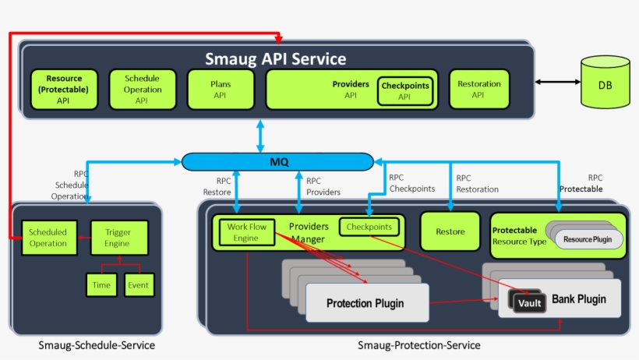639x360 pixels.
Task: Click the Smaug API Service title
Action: (x=275, y=59)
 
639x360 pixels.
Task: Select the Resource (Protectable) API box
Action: (x=63, y=89)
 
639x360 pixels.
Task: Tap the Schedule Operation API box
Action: (x=141, y=89)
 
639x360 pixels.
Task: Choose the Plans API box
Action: (x=220, y=89)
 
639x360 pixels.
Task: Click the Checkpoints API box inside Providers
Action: (x=404, y=90)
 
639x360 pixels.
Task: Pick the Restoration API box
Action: (x=478, y=89)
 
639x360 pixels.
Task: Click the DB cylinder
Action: (x=605, y=85)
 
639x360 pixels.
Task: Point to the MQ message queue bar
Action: (x=278, y=161)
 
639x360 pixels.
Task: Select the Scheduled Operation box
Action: (x=48, y=238)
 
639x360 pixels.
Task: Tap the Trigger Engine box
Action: (x=118, y=238)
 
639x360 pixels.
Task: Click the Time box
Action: (x=101, y=285)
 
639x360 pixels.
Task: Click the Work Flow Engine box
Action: (x=246, y=232)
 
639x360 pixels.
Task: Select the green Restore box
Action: (x=450, y=231)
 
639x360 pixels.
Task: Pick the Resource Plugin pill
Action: (x=588, y=238)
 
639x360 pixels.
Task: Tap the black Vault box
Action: (x=528, y=302)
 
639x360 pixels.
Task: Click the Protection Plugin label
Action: (x=365, y=303)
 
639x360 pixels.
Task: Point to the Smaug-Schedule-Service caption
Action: (x=96, y=345)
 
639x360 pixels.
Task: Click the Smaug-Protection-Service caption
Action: (x=418, y=345)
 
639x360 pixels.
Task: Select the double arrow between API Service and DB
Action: (x=557, y=81)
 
